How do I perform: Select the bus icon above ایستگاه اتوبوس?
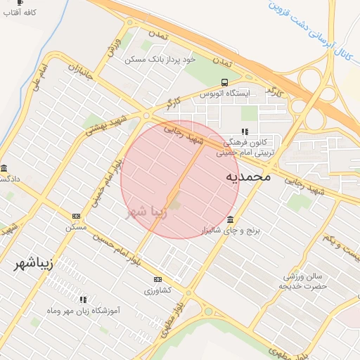224,82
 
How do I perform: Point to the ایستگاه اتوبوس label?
224,94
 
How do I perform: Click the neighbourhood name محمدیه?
247,176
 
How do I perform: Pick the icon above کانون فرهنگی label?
245,131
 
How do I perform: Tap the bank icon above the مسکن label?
76,217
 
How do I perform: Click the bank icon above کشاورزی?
157,279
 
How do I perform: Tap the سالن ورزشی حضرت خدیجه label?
302,281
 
